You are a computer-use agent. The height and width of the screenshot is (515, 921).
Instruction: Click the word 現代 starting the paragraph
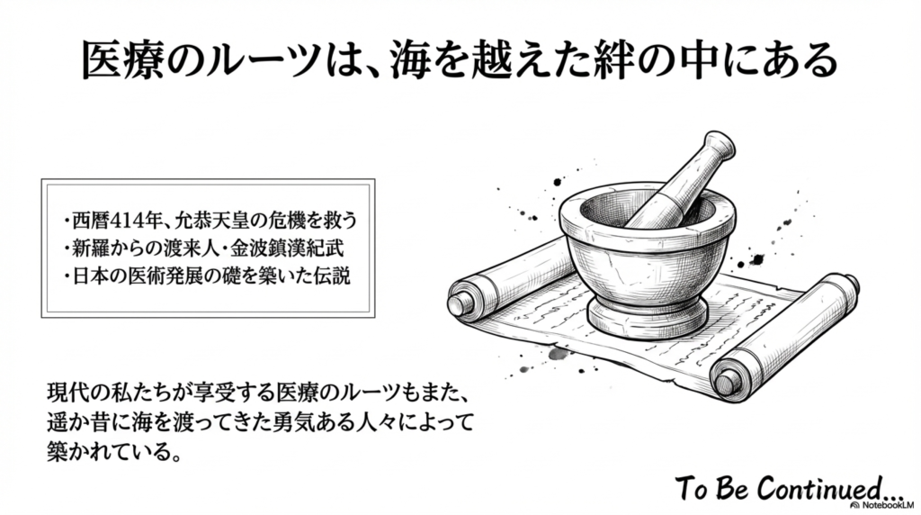coord(68,393)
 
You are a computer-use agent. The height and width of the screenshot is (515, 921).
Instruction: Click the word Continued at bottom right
coord(828,488)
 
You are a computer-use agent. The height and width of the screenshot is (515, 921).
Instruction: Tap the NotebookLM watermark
coord(881,505)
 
